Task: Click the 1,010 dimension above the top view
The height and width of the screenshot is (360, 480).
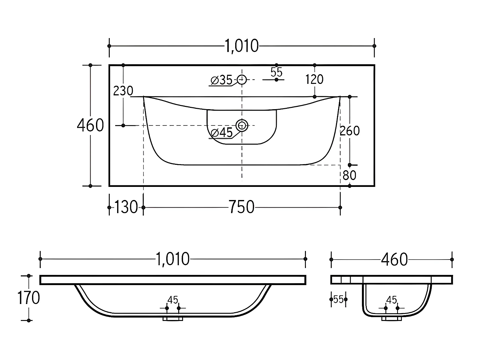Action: pos(242,46)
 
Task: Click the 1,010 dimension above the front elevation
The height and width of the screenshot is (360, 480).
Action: pos(172,259)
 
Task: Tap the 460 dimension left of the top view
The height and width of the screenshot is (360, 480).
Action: pos(90,125)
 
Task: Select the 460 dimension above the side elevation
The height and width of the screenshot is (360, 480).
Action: pos(395,260)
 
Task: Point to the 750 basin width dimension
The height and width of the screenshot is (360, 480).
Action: pos(242,207)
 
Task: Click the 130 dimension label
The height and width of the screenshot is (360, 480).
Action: pos(126,207)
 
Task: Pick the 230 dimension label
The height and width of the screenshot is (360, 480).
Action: pos(123,91)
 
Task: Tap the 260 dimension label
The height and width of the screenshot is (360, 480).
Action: pos(350,131)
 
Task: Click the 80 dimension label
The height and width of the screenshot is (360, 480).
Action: pos(349,175)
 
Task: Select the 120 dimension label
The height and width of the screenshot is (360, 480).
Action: pos(314,79)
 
